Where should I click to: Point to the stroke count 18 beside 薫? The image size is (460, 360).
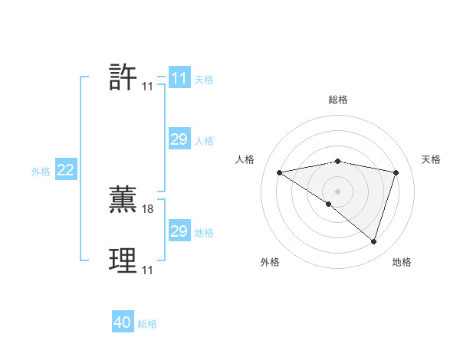tap(148, 208)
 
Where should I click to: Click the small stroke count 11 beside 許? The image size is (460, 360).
tap(147, 87)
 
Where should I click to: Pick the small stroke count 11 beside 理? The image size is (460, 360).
tap(147, 270)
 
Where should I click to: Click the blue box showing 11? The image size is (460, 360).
tap(179, 78)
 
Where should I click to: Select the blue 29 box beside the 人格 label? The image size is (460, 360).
tap(179, 139)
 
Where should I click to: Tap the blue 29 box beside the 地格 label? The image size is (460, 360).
tap(179, 231)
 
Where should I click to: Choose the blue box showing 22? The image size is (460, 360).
tap(65, 170)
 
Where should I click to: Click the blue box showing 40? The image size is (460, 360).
tap(123, 323)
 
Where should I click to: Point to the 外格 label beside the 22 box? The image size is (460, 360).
tap(41, 172)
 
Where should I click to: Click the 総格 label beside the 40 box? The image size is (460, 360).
tap(147, 324)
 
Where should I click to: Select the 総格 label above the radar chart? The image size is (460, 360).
tap(338, 100)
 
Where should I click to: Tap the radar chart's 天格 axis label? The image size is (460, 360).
tap(431, 159)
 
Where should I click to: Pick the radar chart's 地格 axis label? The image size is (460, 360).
tap(402, 262)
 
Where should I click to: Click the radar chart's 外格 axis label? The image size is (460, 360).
tap(270, 262)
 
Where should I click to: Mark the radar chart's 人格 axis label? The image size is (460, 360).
tap(245, 159)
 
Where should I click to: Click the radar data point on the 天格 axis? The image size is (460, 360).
tap(396, 172)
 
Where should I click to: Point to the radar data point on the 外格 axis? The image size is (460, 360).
tap(328, 204)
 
